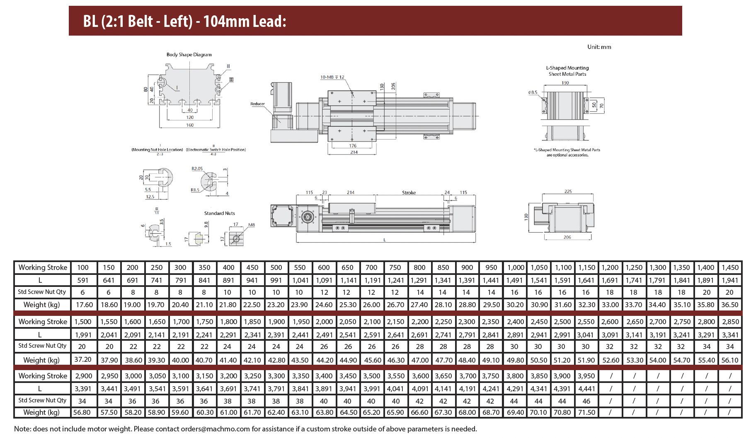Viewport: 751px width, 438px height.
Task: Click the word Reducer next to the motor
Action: pyautogui.click(x=257, y=104)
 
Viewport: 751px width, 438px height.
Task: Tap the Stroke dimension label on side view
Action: pyautogui.click(x=409, y=193)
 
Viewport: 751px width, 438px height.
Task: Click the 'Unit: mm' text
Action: pyautogui.click(x=599, y=47)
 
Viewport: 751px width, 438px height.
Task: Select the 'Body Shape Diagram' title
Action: pyautogui.click(x=189, y=55)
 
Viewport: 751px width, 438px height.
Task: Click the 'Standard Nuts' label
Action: pyautogui.click(x=219, y=213)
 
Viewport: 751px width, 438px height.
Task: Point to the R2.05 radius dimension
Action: pyautogui.click(x=197, y=168)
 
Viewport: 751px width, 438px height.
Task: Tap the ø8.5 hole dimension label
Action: pyautogui.click(x=533, y=92)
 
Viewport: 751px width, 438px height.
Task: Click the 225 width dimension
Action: pyautogui.click(x=568, y=192)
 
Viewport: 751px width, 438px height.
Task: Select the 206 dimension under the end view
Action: pyautogui.click(x=567, y=237)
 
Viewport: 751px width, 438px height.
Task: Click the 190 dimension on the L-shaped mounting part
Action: pyautogui.click(x=565, y=83)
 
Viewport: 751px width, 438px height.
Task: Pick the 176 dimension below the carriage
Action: pyautogui.click(x=353, y=146)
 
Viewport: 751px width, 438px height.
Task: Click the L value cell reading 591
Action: pyautogui.click(x=83, y=280)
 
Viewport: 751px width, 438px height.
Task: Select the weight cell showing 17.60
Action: pyautogui.click(x=85, y=305)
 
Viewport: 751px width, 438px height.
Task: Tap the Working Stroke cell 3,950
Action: pyautogui.click(x=586, y=376)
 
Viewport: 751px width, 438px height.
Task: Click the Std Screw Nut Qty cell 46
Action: pyautogui.click(x=586, y=401)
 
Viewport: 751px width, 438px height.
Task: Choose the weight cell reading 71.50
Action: pyautogui.click(x=586, y=412)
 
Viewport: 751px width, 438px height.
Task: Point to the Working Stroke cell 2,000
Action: pyautogui.click(x=324, y=322)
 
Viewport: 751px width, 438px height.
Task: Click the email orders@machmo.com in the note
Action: pyautogui.click(x=215, y=429)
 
